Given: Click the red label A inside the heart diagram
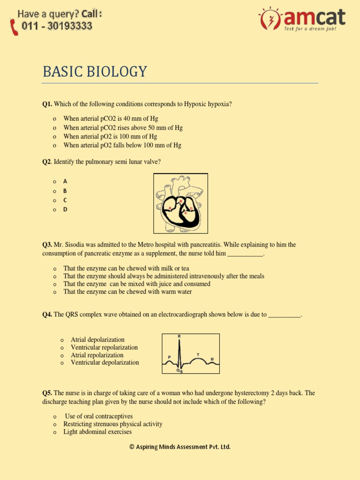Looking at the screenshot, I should pos(170,208).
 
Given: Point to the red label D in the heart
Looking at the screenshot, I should pos(191,208).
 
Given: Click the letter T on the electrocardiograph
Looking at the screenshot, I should pos(197,354).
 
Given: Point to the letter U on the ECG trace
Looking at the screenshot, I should pos(212,359).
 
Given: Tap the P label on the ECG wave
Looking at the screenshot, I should pos(169,357).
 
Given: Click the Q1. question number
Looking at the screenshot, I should pos(47,104).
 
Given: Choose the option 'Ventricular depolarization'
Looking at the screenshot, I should pos(105,362).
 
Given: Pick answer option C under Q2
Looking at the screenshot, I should pos(65,200).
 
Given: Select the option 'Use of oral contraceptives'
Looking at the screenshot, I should pos(98,416).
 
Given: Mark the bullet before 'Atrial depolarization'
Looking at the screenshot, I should pos(62,340).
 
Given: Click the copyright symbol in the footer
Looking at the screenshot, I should pos(132,447).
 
